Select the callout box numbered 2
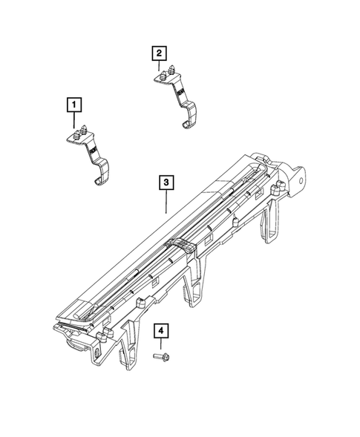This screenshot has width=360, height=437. point(159,53)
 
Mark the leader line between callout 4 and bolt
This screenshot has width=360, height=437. point(160,344)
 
